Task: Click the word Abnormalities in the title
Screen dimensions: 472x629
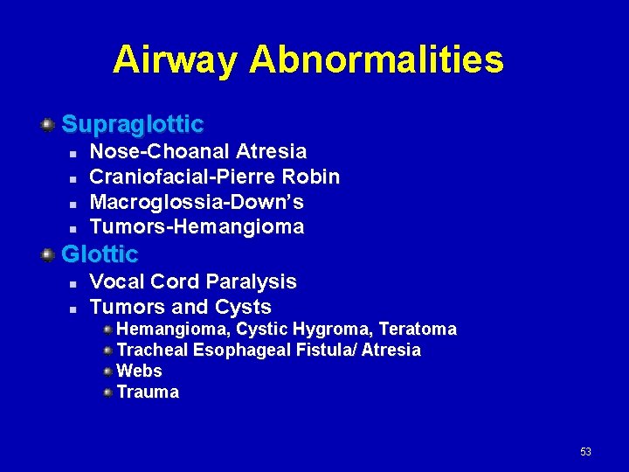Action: (x=377, y=60)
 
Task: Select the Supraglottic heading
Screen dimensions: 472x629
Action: (x=132, y=124)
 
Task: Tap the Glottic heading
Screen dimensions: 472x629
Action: (x=100, y=254)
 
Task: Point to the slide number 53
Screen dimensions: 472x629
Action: (x=585, y=452)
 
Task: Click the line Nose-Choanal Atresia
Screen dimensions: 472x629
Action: (x=198, y=152)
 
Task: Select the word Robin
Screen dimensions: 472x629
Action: (x=311, y=177)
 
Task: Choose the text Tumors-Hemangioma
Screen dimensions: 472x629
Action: (x=197, y=227)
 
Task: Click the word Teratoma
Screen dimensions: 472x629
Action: (x=418, y=329)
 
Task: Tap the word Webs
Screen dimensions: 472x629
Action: (x=139, y=371)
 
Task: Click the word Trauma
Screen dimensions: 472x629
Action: (x=148, y=392)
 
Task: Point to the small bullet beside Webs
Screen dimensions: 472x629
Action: (x=107, y=371)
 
